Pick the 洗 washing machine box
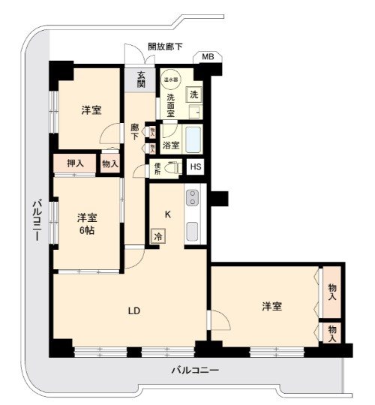click(x=193, y=95)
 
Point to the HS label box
click(x=195, y=167)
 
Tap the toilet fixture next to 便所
click(x=174, y=168)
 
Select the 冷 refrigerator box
click(x=158, y=235)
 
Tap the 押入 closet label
click(x=75, y=163)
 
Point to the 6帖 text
click(x=87, y=231)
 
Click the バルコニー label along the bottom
click(x=194, y=370)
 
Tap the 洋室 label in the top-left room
click(x=91, y=110)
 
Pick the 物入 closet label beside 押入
click(x=109, y=163)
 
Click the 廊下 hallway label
click(x=135, y=132)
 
